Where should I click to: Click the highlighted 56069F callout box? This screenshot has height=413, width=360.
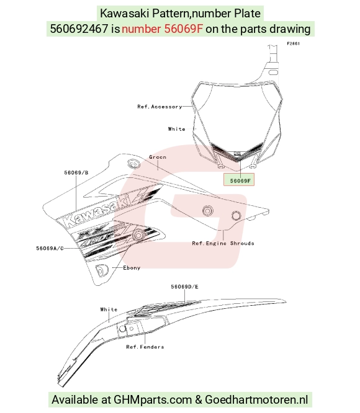click(239, 179)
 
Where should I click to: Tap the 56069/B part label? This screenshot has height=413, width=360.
click(76, 173)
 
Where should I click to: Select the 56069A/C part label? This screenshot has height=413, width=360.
click(50, 249)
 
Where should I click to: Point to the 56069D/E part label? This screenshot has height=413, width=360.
click(184, 286)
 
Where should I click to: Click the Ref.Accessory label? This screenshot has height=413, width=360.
click(160, 107)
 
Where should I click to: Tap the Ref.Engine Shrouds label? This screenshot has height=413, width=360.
click(223, 243)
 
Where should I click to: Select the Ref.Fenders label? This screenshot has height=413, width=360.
click(145, 347)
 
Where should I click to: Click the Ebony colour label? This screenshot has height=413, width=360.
click(132, 268)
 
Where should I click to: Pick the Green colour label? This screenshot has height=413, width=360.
click(158, 158)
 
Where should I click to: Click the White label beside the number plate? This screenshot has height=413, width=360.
click(176, 129)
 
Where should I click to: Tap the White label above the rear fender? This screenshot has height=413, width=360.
click(109, 309)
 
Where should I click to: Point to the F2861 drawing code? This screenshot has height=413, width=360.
click(294, 44)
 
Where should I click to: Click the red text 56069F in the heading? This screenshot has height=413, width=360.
click(184, 29)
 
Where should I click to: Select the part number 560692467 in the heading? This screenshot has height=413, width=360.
click(79, 29)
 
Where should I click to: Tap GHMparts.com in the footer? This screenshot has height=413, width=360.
click(153, 399)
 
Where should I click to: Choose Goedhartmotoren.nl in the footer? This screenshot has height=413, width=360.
click(256, 399)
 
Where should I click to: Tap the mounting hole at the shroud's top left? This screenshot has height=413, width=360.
click(133, 164)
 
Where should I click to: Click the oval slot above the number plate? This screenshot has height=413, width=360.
click(273, 73)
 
